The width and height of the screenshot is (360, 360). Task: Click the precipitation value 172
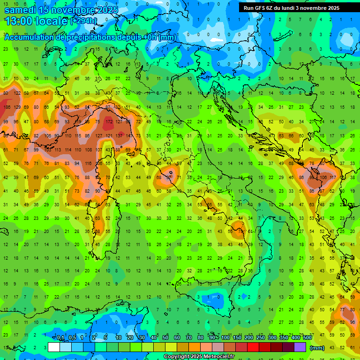pos(109,121)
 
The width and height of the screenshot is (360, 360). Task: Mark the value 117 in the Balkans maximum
pos(333,178)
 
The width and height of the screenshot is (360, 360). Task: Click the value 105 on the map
pos(47,135)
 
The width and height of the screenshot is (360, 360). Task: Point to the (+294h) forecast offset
pos(83,21)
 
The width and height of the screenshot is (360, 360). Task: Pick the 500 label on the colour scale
pos(307,338)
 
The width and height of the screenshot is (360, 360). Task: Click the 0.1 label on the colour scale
pos(60,338)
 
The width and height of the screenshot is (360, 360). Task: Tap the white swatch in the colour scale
pos(54,347)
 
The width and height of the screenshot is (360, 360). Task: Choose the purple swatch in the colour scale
pos(300,347)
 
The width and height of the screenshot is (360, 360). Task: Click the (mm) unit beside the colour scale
pos(317,348)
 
